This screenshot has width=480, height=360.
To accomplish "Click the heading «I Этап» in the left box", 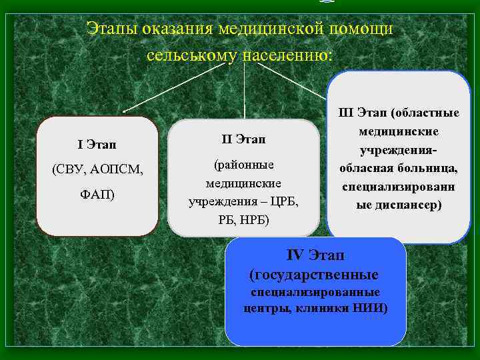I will (x=97, y=144).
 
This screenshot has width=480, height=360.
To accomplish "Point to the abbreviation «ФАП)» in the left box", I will (x=97, y=195).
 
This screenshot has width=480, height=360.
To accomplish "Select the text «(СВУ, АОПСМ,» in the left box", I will (x=97, y=169).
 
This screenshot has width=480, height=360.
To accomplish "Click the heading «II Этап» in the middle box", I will (x=243, y=139).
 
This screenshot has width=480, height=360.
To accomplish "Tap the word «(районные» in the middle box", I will (x=243, y=164).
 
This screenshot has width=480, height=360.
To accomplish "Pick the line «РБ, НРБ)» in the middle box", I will (x=243, y=220).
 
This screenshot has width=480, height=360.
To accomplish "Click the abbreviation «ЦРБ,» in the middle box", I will (x=284, y=201).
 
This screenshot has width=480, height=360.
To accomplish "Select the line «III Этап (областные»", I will (x=399, y=111).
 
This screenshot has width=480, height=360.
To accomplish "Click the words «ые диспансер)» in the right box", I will (x=399, y=205).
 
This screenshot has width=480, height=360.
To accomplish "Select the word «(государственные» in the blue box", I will (x=313, y=275).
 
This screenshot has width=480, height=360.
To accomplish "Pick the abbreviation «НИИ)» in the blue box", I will (x=373, y=308).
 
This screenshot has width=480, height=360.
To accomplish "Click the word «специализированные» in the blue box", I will (x=315, y=292).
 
